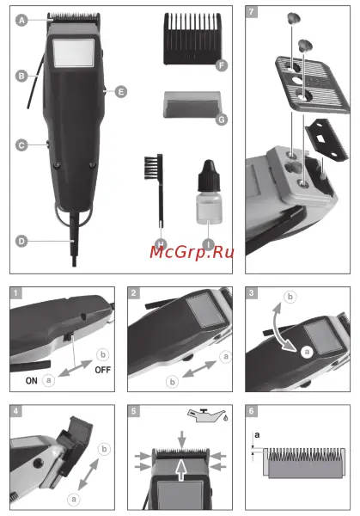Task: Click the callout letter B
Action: click(x=21, y=76)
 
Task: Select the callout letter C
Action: click(x=21, y=146)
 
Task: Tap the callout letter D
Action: click(x=21, y=242)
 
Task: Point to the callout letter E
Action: click(x=121, y=90)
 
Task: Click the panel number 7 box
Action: click(x=251, y=13)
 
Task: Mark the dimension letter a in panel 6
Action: click(x=256, y=435)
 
